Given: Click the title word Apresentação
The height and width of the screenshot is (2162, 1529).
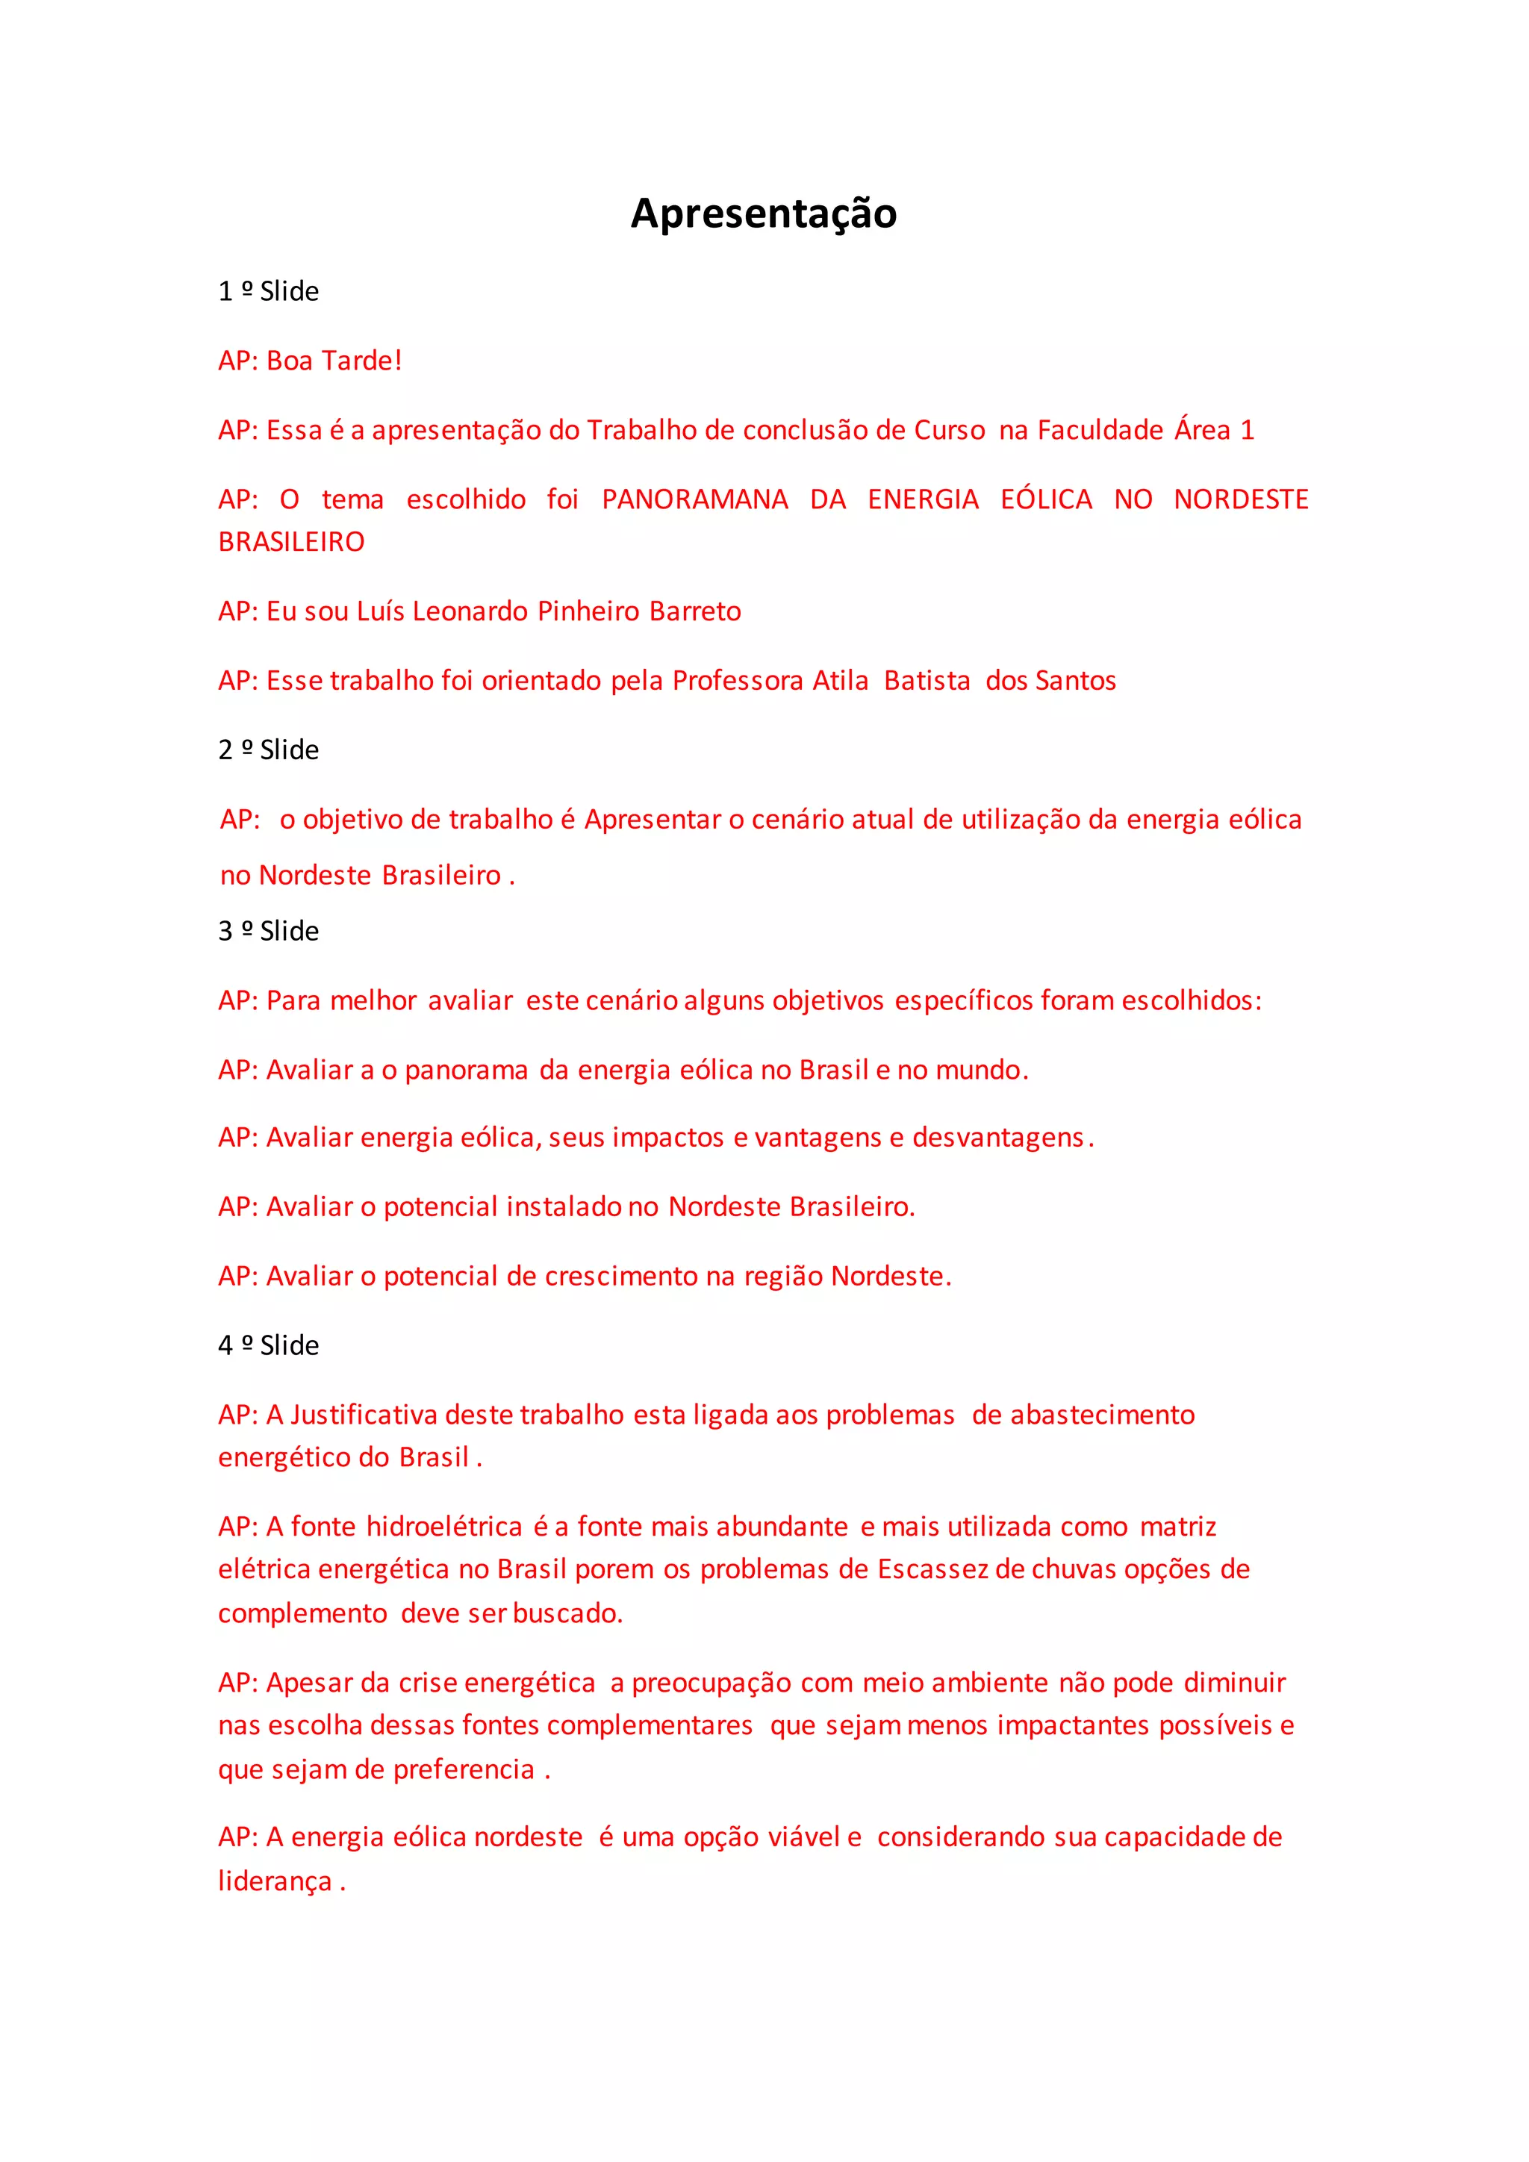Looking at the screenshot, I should [764, 214].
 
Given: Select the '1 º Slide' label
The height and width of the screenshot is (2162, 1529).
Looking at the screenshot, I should [268, 292].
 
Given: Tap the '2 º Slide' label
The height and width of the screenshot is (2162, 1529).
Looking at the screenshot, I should [268, 750].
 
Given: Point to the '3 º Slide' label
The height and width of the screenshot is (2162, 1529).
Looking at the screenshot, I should [268, 931].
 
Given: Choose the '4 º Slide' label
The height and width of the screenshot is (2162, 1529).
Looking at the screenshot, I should [268, 1345].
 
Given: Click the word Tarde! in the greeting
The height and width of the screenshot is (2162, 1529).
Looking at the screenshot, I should [361, 361].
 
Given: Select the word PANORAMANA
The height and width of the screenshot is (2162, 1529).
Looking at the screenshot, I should [695, 499].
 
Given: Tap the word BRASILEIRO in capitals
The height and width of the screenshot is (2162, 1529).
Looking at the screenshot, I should [291, 543].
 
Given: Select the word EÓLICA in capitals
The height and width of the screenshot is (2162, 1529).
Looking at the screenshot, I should [1046, 499].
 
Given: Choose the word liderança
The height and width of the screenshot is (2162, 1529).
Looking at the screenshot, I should [275, 1881].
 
